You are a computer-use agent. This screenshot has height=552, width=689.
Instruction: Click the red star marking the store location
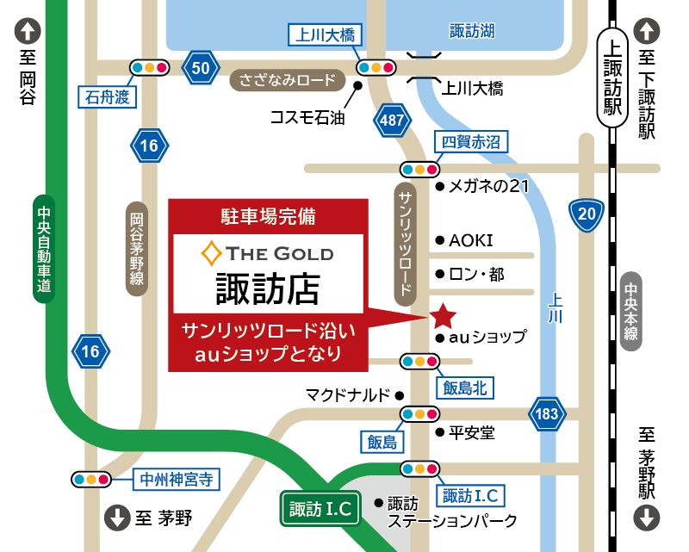point(443,316)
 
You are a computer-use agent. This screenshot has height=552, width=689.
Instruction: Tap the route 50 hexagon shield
point(201,67)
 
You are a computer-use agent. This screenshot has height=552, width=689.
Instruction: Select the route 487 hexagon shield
point(392,121)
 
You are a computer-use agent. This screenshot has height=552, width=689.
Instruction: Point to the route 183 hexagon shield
point(547,413)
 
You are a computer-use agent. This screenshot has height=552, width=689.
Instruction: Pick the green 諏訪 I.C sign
point(320,509)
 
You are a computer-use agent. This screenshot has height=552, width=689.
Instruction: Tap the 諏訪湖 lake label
point(473,31)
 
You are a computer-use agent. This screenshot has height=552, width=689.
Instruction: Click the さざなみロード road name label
point(287,81)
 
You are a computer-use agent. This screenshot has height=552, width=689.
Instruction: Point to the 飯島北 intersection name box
point(465,388)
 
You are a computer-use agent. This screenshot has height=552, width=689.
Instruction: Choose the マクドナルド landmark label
point(347,394)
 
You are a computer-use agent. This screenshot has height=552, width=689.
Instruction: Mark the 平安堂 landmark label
point(472,434)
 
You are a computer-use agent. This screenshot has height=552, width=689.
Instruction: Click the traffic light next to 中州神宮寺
point(91,479)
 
